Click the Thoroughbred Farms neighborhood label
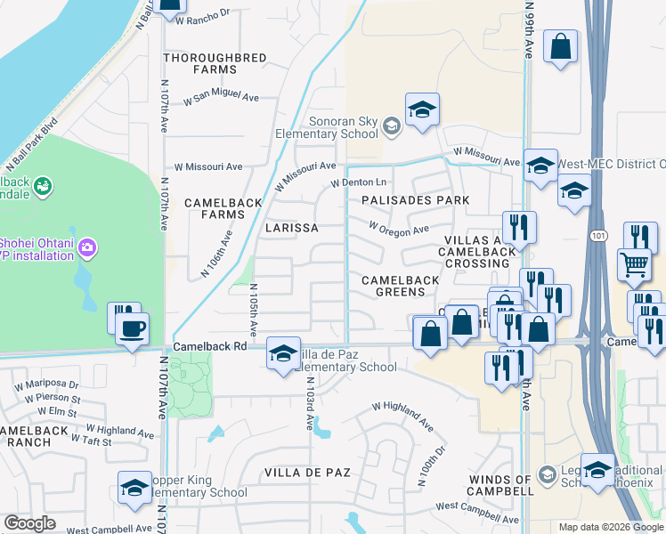click(x=215, y=63)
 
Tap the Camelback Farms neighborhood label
click(x=214, y=208)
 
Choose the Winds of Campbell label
click(x=499, y=486)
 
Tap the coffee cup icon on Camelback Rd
click(x=133, y=328)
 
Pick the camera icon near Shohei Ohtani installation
click(x=86, y=247)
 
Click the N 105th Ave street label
click(x=253, y=310)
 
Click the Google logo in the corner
click(x=30, y=523)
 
